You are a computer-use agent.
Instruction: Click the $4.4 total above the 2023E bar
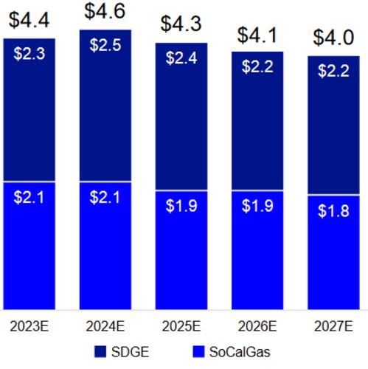pyautogui.click(x=29, y=20)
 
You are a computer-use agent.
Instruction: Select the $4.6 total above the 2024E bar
pyautogui.click(x=105, y=11)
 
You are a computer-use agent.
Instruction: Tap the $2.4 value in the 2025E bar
pyautogui.click(x=182, y=57)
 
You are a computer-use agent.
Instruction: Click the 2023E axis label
pyautogui.click(x=29, y=325)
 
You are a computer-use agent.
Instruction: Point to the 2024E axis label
pyautogui.click(x=105, y=325)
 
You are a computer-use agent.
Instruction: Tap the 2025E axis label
pyautogui.click(x=182, y=325)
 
